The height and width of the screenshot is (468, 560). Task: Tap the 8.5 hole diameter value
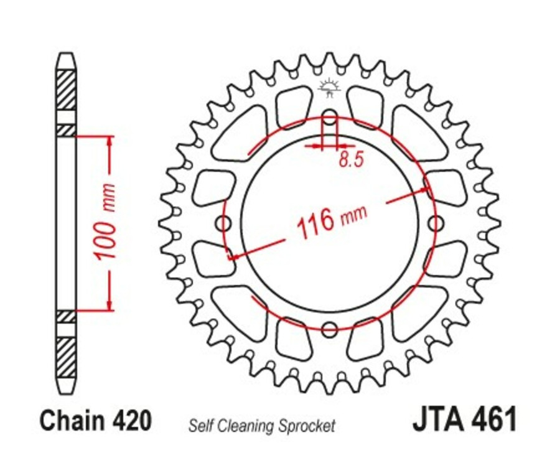click(351, 160)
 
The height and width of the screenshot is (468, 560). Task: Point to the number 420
click(132, 421)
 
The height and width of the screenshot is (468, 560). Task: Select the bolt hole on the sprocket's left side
click(223, 223)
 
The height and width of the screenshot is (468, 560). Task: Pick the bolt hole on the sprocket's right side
click(436, 223)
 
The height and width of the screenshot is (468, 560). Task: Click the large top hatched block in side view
click(66, 90)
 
